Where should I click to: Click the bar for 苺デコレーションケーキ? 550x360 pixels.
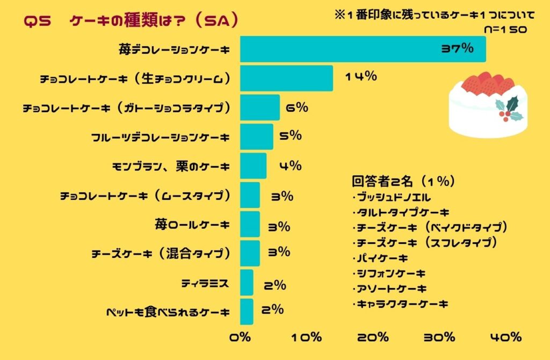(x=363, y=49)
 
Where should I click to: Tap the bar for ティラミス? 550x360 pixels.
(x=247, y=283)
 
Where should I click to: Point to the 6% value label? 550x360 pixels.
(x=296, y=107)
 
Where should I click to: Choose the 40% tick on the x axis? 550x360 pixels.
(x=505, y=337)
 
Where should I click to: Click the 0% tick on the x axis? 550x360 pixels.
(x=240, y=337)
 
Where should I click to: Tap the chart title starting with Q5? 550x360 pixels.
(x=132, y=21)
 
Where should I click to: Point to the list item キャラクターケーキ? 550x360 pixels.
(x=400, y=304)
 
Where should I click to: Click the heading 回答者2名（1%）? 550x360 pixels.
(x=403, y=182)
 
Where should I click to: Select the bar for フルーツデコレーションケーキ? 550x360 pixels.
(x=257, y=137)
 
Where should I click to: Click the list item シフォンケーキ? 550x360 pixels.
(x=389, y=273)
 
